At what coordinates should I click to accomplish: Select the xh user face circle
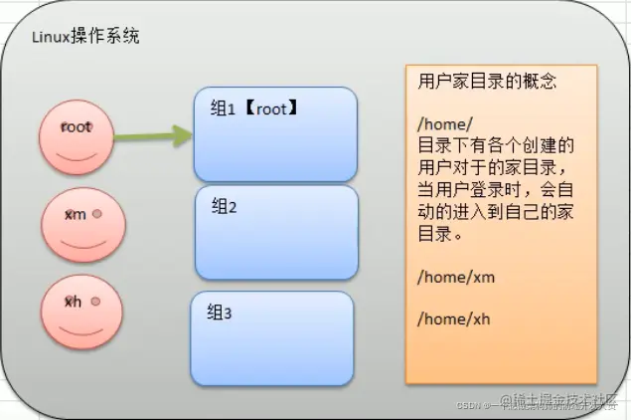tap(77, 310)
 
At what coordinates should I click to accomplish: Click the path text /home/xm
tap(456, 278)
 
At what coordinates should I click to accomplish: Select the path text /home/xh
tap(455, 318)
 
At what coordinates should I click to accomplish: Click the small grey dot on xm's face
tap(96, 213)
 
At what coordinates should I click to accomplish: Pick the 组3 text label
tap(220, 314)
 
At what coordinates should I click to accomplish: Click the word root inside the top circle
tap(76, 127)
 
